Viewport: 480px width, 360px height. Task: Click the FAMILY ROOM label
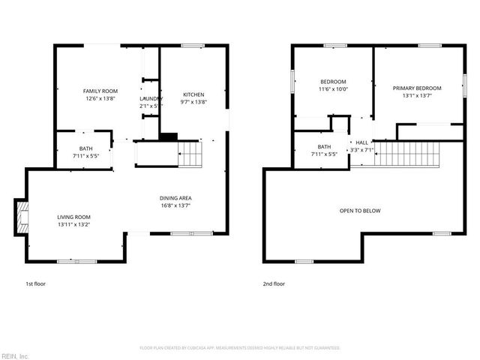100,91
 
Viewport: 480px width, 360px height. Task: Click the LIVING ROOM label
73,217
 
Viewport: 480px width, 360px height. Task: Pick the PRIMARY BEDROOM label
417,88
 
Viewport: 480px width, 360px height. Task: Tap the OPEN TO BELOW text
361,211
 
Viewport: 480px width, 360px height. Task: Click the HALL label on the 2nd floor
361,142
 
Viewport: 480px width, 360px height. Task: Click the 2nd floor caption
274,284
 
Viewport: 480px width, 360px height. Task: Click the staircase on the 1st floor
190,155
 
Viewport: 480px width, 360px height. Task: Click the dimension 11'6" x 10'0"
333,88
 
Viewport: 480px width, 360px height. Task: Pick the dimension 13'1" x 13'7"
417,96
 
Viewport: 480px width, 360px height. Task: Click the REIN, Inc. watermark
14,355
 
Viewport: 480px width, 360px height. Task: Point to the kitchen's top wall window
192,46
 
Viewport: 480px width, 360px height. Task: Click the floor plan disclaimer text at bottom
240,348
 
